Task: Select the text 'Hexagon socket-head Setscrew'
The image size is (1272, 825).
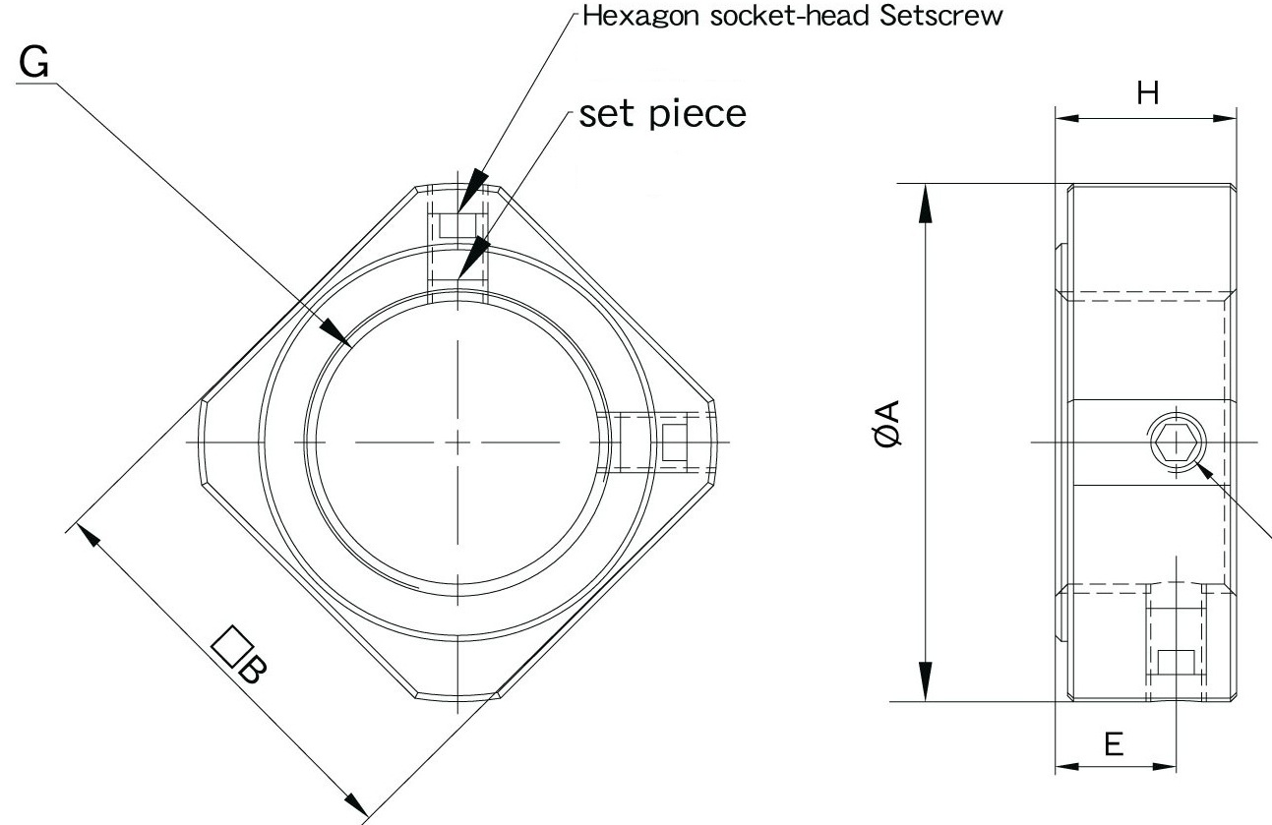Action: click(793, 18)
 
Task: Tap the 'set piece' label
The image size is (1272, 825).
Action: click(662, 114)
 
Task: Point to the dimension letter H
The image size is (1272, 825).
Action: click(1147, 93)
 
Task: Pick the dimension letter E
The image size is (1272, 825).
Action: click(1114, 743)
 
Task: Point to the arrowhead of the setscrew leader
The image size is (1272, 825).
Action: click(470, 191)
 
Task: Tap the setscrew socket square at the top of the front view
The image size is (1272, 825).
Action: click(457, 225)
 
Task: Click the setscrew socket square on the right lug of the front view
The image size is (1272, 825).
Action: click(675, 442)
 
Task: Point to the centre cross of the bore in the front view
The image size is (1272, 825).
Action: click(458, 442)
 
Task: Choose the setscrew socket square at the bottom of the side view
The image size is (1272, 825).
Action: click(1176, 663)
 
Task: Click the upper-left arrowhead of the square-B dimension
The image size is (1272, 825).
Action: click(88, 537)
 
